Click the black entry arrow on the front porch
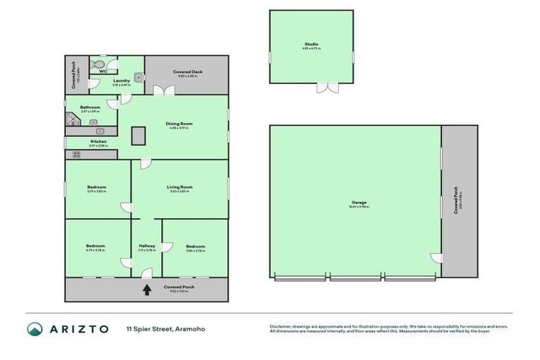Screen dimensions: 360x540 146,288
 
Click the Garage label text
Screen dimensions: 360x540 359,203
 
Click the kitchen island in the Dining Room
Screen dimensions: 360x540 137,135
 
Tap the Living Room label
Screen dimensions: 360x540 179,188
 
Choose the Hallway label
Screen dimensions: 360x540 147,246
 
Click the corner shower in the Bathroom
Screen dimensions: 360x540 73,120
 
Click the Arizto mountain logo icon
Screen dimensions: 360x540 35,329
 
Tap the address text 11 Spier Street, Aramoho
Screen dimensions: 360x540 165,329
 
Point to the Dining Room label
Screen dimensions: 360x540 179,124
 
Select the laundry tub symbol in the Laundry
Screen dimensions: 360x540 139,77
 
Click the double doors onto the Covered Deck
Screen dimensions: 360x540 165,90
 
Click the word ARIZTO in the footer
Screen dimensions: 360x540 78,329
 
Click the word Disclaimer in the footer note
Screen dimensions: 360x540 281,326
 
